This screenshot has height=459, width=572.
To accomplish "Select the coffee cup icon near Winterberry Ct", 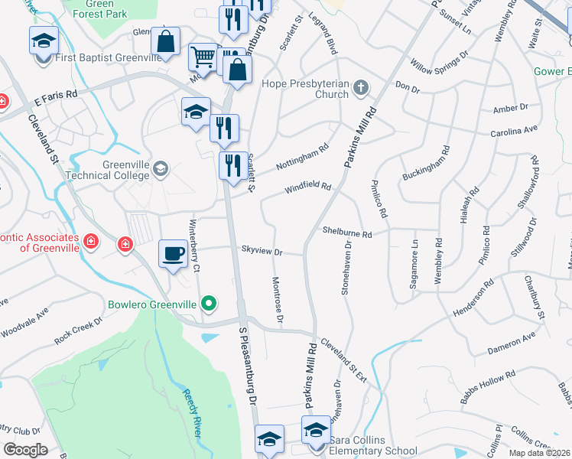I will point(173,254).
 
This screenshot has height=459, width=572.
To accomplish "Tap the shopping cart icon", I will point(203,56).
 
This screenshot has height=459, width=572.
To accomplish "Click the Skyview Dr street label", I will point(262,251).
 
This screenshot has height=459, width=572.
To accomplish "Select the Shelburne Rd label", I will point(346,232).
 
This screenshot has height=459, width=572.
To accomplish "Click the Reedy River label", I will point(192,413).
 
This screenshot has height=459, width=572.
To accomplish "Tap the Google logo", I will point(25,449).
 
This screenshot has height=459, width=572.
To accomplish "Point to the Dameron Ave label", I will point(512,342).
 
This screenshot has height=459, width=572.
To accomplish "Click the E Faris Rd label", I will point(56,96).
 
